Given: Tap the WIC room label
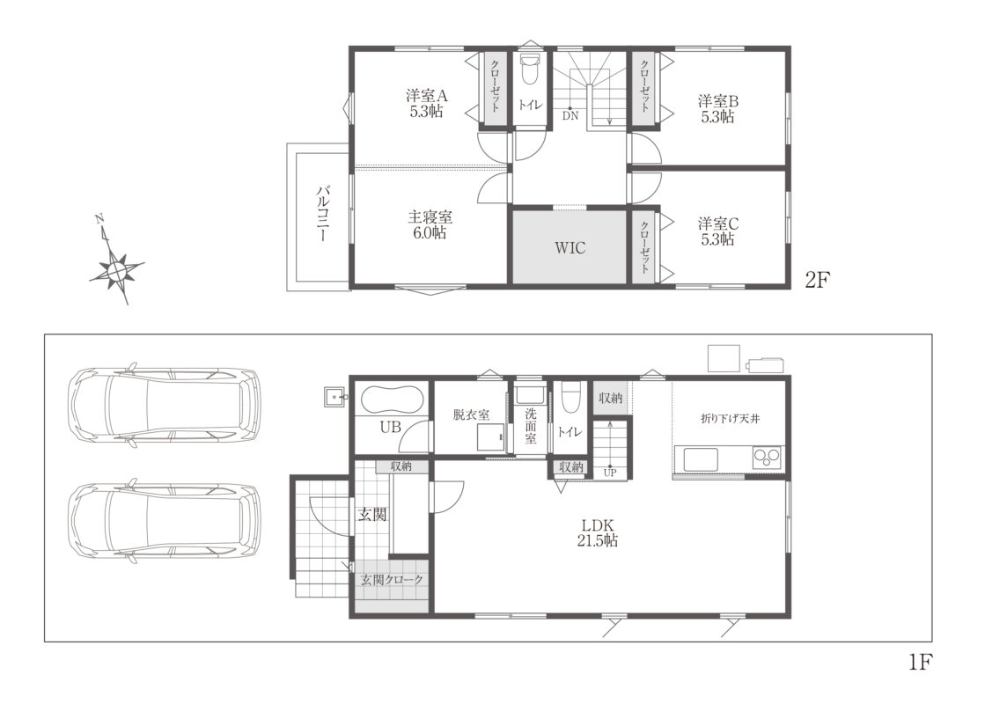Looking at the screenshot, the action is (x=570, y=247).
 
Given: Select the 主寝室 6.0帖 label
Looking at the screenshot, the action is (x=430, y=224).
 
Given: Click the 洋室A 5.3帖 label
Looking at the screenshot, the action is (x=427, y=104).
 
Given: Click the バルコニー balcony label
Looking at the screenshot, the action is (x=323, y=214).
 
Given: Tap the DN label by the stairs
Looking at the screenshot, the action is (x=570, y=115).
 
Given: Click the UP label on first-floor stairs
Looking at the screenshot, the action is (x=610, y=473).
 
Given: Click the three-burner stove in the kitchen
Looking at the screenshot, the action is (x=767, y=458).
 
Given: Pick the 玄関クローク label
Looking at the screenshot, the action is (x=392, y=580).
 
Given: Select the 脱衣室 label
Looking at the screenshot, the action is (x=471, y=414).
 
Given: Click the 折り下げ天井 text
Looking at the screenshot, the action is (x=730, y=418).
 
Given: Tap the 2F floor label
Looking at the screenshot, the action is (x=817, y=280).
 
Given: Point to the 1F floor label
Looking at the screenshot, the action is (x=920, y=662).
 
